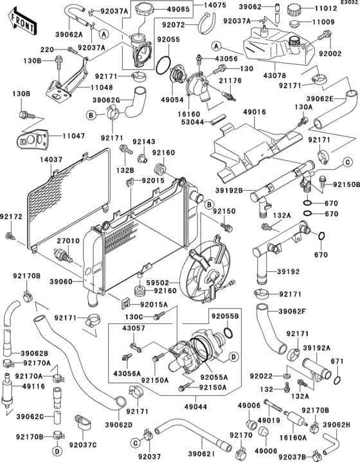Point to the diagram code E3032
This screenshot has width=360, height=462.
pos(348,3)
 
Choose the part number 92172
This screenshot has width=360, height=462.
pos(11,217)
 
